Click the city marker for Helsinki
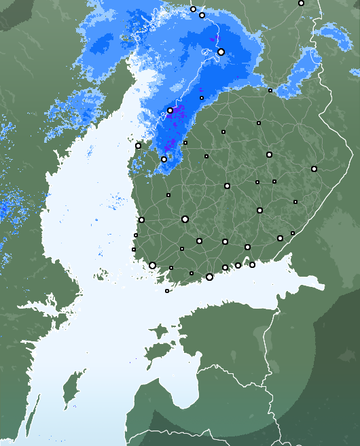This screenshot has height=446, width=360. (209, 277)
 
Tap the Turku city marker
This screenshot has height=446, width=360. (152, 265)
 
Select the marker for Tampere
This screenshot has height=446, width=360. (185, 219)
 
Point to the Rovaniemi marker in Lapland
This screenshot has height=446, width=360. (221, 52)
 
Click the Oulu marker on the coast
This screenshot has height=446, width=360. (170, 111)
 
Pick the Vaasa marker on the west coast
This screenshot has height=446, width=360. (138, 145)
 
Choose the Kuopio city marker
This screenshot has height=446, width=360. (269, 154)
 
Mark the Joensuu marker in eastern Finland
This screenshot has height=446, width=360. (314, 169)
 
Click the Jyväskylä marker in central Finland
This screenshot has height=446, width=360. (227, 186)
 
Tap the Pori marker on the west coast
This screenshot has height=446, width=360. (141, 220)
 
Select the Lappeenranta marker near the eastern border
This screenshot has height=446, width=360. (280, 238)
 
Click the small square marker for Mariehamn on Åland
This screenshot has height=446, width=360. (167, 291)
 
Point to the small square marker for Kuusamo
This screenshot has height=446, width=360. (270, 90)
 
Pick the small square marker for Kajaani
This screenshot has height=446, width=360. (259, 123)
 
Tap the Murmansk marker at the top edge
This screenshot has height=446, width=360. (301, 3)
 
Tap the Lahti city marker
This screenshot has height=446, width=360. (225, 241)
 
